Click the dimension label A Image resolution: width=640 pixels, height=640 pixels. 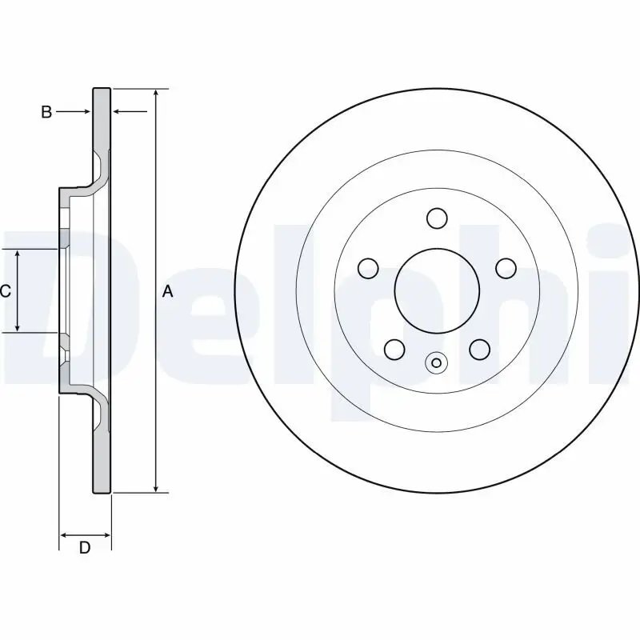point(168,292)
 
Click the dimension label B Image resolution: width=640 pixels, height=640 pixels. point(46,113)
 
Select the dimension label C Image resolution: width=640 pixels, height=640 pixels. point(6,292)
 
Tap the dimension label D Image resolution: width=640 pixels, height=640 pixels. point(84,548)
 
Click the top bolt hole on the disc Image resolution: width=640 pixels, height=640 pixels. point(436,218)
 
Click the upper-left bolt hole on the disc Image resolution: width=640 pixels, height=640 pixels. point(368,267)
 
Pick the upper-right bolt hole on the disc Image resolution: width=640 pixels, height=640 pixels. point(506,267)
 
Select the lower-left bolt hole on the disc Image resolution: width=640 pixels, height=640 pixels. point(394,349)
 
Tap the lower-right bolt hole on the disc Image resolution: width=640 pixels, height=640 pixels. point(478,349)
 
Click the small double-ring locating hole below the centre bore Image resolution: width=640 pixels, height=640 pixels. point(436,363)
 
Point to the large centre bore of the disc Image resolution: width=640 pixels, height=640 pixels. point(437,290)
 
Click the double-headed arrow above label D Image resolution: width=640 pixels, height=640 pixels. point(85,534)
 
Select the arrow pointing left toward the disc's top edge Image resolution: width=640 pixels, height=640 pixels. point(130,112)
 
